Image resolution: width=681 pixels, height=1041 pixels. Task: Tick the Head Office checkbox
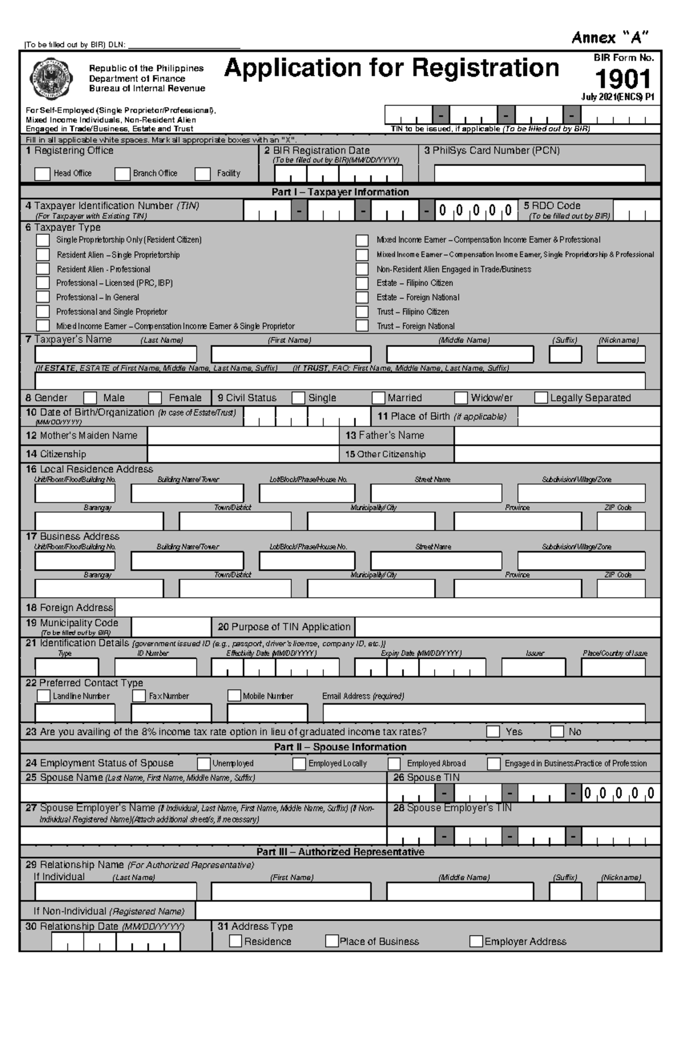(x=42, y=174)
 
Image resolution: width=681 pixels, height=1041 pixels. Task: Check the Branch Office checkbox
(x=122, y=174)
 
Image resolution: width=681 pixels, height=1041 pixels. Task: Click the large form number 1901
(x=623, y=79)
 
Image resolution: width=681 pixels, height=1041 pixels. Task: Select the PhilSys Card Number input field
(x=539, y=173)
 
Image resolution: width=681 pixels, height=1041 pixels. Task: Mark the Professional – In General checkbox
(x=43, y=297)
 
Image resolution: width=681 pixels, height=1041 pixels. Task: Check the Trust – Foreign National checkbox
(x=362, y=326)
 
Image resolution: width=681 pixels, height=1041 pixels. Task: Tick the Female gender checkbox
(x=155, y=398)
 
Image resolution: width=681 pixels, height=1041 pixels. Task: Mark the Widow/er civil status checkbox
(x=461, y=398)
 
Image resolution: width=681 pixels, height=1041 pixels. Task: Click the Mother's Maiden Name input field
(x=243, y=436)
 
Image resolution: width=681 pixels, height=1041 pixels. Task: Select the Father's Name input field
(x=557, y=436)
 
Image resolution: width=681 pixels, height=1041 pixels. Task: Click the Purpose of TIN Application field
(x=507, y=627)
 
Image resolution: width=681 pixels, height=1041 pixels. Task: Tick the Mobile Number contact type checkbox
(x=234, y=696)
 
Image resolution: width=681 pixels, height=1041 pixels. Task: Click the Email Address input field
(x=484, y=713)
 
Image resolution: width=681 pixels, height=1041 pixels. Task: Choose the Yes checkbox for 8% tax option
(x=493, y=731)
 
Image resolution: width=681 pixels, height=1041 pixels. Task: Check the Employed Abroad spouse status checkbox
(x=394, y=764)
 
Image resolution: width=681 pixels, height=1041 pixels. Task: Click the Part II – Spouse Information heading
(x=340, y=747)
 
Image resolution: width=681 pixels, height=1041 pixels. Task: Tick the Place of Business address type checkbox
(x=331, y=941)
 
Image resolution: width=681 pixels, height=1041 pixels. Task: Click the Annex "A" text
(x=609, y=38)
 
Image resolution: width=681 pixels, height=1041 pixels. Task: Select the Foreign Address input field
(x=387, y=608)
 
